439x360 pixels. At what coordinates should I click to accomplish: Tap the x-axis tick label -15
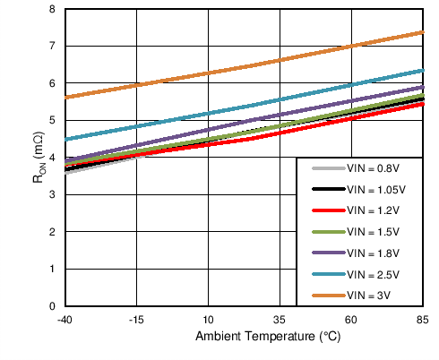135,320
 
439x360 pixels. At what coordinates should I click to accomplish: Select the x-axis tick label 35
279,320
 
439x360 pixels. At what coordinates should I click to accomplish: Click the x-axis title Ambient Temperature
254,338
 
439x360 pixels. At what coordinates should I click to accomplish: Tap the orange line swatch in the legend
326,295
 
